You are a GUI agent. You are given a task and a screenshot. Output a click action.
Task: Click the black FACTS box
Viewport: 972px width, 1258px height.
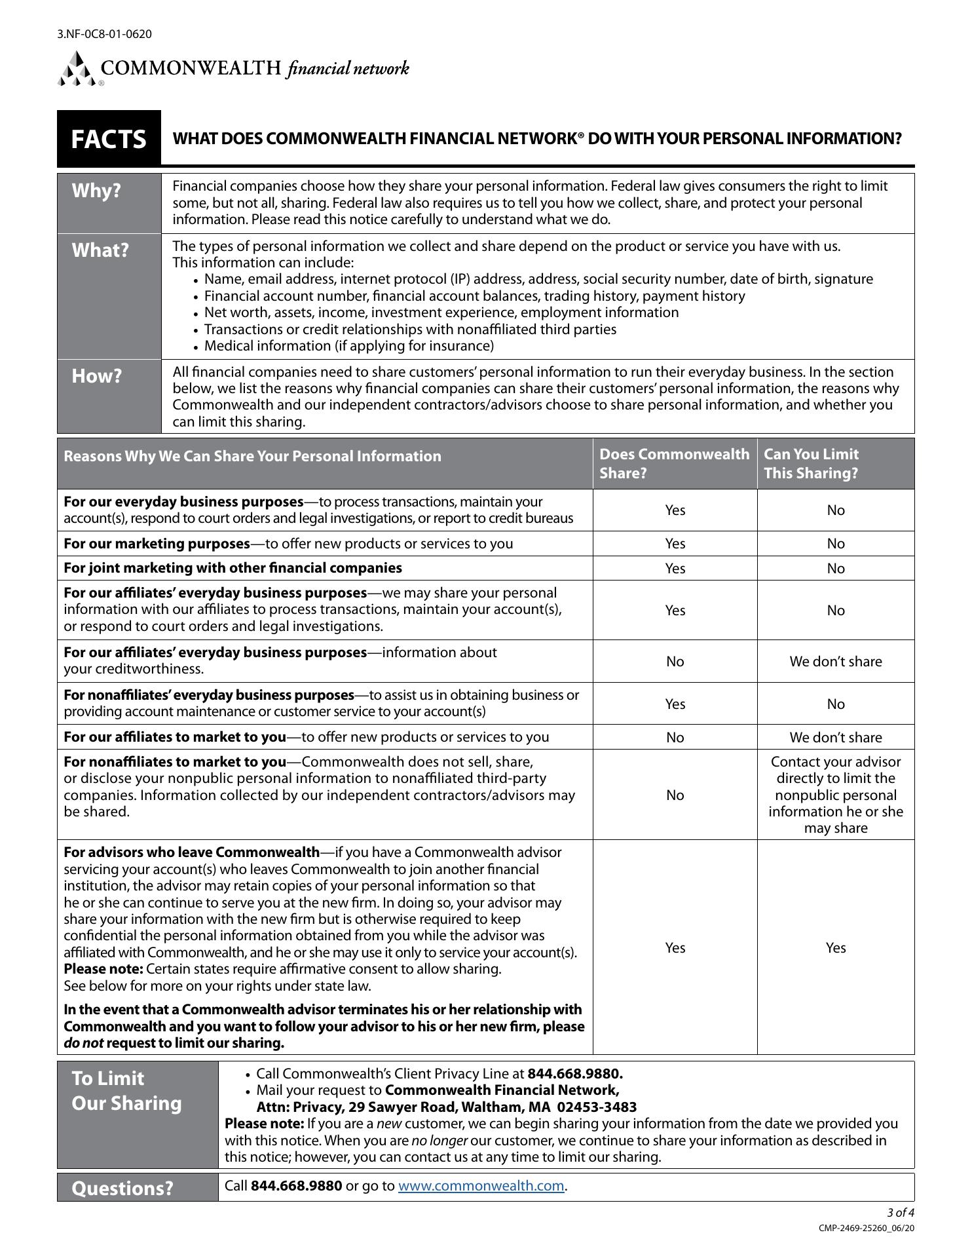pyautogui.click(x=109, y=139)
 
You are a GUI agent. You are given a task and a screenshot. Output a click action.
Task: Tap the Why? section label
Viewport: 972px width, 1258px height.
pyautogui.click(x=96, y=191)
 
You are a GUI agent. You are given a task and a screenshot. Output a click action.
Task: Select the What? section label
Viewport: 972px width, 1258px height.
pyautogui.click(x=100, y=250)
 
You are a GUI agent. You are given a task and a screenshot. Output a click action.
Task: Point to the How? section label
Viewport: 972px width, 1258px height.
pyautogui.click(x=97, y=376)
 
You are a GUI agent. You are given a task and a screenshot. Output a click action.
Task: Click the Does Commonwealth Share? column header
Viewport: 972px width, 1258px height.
pyautogui.click(x=674, y=464)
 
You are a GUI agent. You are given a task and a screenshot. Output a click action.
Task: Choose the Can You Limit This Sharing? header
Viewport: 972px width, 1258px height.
pyautogui.click(x=811, y=464)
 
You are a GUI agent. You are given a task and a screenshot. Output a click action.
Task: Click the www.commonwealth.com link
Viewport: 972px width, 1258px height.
pyautogui.click(x=481, y=1186)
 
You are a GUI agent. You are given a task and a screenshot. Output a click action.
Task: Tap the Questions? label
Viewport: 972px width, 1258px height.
pyautogui.click(x=122, y=1188)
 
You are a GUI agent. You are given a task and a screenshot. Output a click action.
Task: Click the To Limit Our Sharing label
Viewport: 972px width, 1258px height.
pyautogui.click(x=126, y=1091)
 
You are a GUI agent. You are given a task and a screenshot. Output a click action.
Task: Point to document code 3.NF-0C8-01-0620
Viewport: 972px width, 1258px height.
pyautogui.click(x=105, y=33)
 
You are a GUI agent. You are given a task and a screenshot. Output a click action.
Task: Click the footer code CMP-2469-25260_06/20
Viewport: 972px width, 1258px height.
pyautogui.click(x=866, y=1228)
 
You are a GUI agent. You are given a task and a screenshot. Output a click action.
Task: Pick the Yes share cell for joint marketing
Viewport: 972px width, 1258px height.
pyautogui.click(x=675, y=569)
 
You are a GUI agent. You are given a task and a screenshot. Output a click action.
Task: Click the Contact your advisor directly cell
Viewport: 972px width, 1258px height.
pyautogui.click(x=835, y=795)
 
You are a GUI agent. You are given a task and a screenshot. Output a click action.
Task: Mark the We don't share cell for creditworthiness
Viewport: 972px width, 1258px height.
pyautogui.click(x=835, y=662)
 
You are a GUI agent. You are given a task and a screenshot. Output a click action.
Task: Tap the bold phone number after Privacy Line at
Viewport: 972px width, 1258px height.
pyautogui.click(x=574, y=1074)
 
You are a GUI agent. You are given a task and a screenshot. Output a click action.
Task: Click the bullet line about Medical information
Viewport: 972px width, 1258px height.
pyautogui.click(x=348, y=346)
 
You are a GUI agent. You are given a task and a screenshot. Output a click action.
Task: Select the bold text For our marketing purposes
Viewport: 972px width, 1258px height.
pyautogui.click(x=157, y=544)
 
